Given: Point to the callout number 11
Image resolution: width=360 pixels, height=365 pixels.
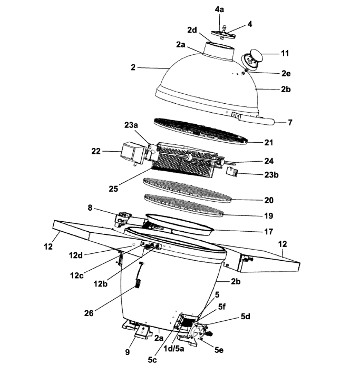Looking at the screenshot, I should pyautogui.click(x=285, y=53).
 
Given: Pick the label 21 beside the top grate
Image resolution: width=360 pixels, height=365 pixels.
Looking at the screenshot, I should pyautogui.click(x=269, y=143).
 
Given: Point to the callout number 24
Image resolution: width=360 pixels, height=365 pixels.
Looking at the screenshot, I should pyautogui.click(x=269, y=161).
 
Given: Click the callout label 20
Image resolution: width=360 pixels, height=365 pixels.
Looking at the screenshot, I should pyautogui.click(x=269, y=200).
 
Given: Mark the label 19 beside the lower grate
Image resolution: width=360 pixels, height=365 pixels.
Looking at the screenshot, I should pyautogui.click(x=269, y=215).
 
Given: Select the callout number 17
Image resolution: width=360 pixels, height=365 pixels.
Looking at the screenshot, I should pyautogui.click(x=269, y=231).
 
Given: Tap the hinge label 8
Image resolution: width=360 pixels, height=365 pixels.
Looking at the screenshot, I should pyautogui.click(x=91, y=208).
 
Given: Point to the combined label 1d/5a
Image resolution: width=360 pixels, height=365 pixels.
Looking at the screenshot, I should pyautogui.click(x=179, y=348).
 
